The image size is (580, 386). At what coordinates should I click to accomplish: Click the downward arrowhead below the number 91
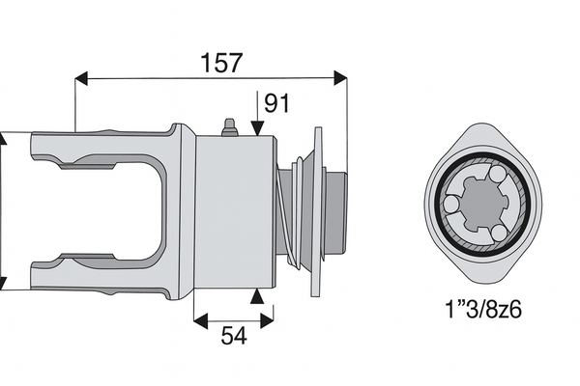pyautogui.click(x=256, y=127)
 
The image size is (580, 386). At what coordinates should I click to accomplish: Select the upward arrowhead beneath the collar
pyautogui.click(x=256, y=296)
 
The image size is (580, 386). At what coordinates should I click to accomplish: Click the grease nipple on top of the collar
pyautogui.click(x=229, y=128)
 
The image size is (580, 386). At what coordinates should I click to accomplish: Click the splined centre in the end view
pyautogui.click(x=480, y=207)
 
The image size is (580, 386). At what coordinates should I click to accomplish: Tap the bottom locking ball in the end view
pyautogui.click(x=497, y=233)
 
